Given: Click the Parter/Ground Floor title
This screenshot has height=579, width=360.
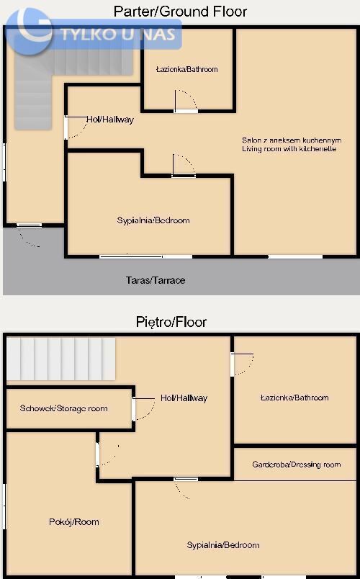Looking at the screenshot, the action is (x=180, y=12).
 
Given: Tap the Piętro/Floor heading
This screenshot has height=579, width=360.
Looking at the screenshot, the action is (x=171, y=322).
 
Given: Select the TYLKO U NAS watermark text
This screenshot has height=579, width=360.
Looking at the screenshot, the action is (x=118, y=35).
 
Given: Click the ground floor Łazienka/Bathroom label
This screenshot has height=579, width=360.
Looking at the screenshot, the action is (x=186, y=69).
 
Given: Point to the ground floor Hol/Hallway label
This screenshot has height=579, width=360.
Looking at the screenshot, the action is (x=110, y=120).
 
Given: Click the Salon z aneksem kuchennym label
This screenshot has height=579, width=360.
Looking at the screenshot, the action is (x=292, y=140).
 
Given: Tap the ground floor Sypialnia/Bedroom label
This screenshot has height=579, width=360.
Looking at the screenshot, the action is (x=153, y=220).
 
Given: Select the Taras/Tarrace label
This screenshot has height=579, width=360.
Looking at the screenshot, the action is (x=156, y=280).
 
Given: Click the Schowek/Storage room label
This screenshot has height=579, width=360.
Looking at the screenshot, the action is (x=64, y=408).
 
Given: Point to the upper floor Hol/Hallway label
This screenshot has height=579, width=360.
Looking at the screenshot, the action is (x=184, y=398).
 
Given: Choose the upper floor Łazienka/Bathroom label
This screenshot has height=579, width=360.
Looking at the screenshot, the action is (x=294, y=398).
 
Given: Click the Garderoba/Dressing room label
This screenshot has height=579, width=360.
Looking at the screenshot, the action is (x=297, y=464).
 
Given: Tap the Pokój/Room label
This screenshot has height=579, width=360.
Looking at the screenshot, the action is (x=74, y=522).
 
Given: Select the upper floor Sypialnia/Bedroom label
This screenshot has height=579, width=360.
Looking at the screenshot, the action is (x=223, y=545).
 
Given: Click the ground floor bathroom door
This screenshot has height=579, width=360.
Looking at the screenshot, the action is (x=186, y=100).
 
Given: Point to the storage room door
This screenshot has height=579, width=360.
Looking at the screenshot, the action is (x=143, y=409).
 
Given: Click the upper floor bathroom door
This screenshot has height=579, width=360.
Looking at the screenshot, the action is (x=242, y=365).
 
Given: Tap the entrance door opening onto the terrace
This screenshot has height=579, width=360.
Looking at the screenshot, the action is (x=29, y=235).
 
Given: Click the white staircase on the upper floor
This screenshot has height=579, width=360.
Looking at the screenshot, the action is (x=61, y=359).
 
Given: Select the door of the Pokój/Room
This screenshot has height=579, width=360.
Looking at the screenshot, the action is (x=107, y=455).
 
